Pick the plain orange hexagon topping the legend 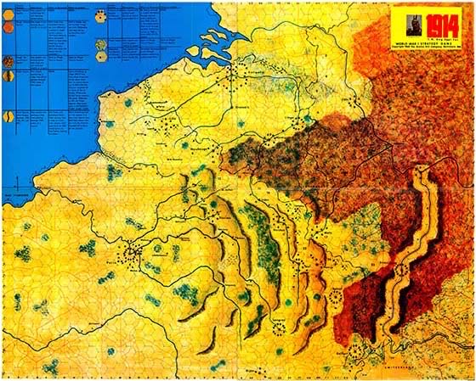tap(8, 12)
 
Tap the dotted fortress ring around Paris tap(132, 252)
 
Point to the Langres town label tap(275, 319)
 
